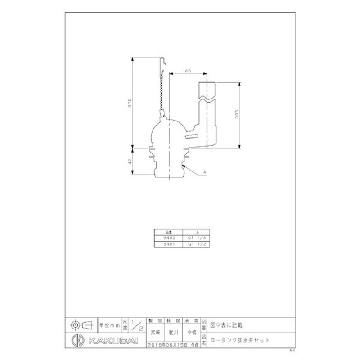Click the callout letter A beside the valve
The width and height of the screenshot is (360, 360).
click(205, 172)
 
